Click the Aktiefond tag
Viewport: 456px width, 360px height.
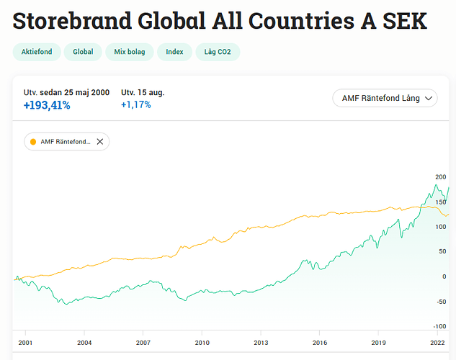coord(37,52)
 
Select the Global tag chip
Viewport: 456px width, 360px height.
coord(83,52)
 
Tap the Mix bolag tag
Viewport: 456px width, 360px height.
coord(130,52)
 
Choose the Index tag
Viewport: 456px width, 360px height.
coord(174,52)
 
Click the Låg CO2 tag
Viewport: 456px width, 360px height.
coord(218,52)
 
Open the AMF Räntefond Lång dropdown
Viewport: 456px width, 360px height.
coord(385,98)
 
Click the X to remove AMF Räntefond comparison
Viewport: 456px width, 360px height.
coord(100,142)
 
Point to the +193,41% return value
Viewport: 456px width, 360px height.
coord(47,105)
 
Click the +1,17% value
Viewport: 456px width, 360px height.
coord(136,105)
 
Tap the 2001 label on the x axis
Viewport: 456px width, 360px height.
coord(25,343)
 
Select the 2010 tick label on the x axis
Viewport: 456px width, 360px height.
coord(202,343)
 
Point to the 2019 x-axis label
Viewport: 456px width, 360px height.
coord(378,343)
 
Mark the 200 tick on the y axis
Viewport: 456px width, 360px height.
coord(441,177)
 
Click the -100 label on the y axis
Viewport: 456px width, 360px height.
coord(440,302)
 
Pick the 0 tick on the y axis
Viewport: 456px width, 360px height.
coord(444,276)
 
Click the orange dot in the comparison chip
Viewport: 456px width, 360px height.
coord(33,142)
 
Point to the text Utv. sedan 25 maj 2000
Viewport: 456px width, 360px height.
coord(66,92)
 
